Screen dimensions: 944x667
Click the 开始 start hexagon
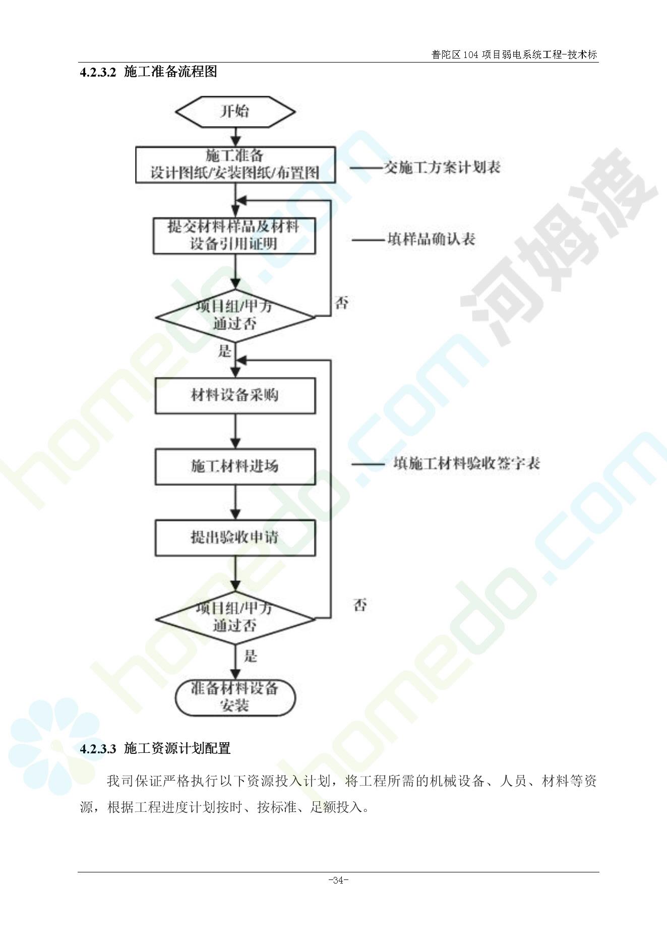coord(235,111)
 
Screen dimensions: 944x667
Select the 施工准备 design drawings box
coord(235,164)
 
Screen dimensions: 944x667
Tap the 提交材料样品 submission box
coord(234,235)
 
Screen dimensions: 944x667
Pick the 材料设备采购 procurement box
coord(235,395)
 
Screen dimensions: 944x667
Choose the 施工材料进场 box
coord(235,466)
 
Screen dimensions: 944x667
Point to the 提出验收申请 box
coord(235,538)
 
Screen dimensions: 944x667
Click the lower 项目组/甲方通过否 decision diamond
coord(235,618)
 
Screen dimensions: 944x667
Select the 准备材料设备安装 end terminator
coord(235,697)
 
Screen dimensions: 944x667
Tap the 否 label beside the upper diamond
coord(342,303)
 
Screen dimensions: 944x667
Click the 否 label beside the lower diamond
coord(360,605)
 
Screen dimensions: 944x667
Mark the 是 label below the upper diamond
coord(224,351)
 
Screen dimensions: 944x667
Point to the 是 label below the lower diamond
coord(251,656)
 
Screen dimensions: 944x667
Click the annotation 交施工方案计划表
coord(442,167)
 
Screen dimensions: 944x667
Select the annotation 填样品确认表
coord(432,239)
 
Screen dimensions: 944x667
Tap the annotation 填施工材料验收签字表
coord(466,463)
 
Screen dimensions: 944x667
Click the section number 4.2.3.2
coord(98,72)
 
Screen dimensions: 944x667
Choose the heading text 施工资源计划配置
coord(177,748)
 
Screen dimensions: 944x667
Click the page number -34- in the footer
coord(338,880)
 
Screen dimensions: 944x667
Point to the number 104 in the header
coord(470,54)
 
